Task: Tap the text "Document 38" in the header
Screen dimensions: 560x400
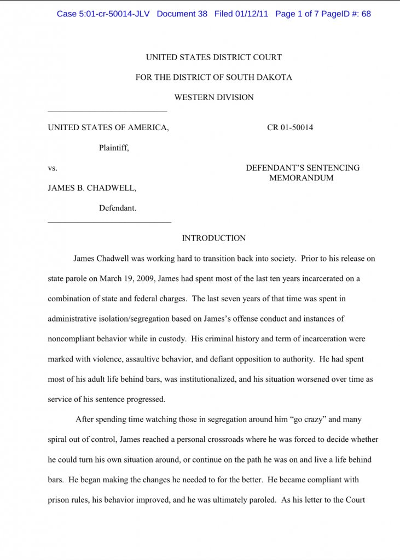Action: [182, 14]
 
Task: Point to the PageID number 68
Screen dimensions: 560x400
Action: [366, 14]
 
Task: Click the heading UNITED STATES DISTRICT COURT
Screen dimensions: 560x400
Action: [213, 57]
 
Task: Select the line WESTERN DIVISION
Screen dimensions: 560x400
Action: [213, 97]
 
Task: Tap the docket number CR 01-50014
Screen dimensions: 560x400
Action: [290, 128]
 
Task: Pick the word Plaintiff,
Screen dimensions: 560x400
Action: [114, 148]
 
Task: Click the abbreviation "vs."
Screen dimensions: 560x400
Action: [53, 168]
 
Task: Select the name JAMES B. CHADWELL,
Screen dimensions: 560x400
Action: [92, 188]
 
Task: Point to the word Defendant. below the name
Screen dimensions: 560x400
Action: [118, 208]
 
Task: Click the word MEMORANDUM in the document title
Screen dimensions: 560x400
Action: [301, 178]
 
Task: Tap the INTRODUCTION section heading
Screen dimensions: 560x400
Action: [213, 238]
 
